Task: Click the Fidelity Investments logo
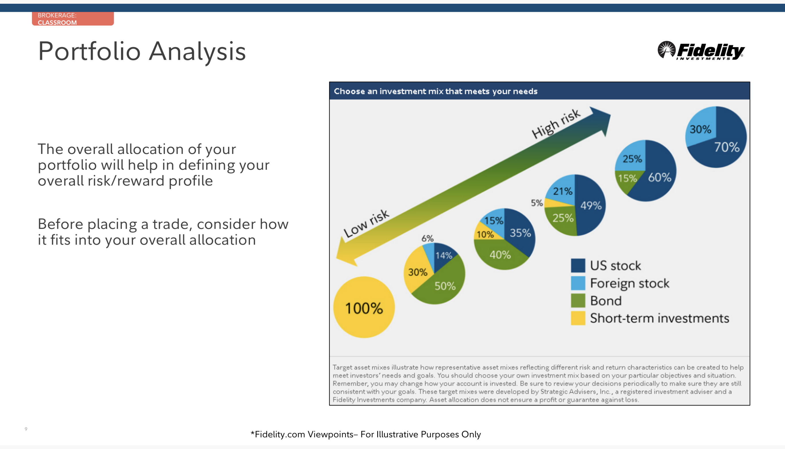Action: pos(701,51)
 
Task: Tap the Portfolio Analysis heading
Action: pos(142,51)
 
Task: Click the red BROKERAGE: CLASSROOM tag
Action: pos(73,19)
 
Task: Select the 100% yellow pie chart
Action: pos(364,307)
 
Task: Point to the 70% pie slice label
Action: pos(727,147)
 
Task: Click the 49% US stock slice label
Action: pos(591,205)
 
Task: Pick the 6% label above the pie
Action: pos(428,238)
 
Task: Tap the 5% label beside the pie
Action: pos(537,203)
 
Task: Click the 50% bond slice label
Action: pos(445,286)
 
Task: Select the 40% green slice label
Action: pos(500,255)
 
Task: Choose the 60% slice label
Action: pos(660,177)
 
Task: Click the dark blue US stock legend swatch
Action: pos(578,265)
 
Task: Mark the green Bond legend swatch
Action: pos(578,301)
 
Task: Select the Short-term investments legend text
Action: pos(659,318)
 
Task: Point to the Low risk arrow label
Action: pos(366,223)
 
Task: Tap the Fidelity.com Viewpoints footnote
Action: pos(365,434)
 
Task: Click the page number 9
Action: pos(26,429)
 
